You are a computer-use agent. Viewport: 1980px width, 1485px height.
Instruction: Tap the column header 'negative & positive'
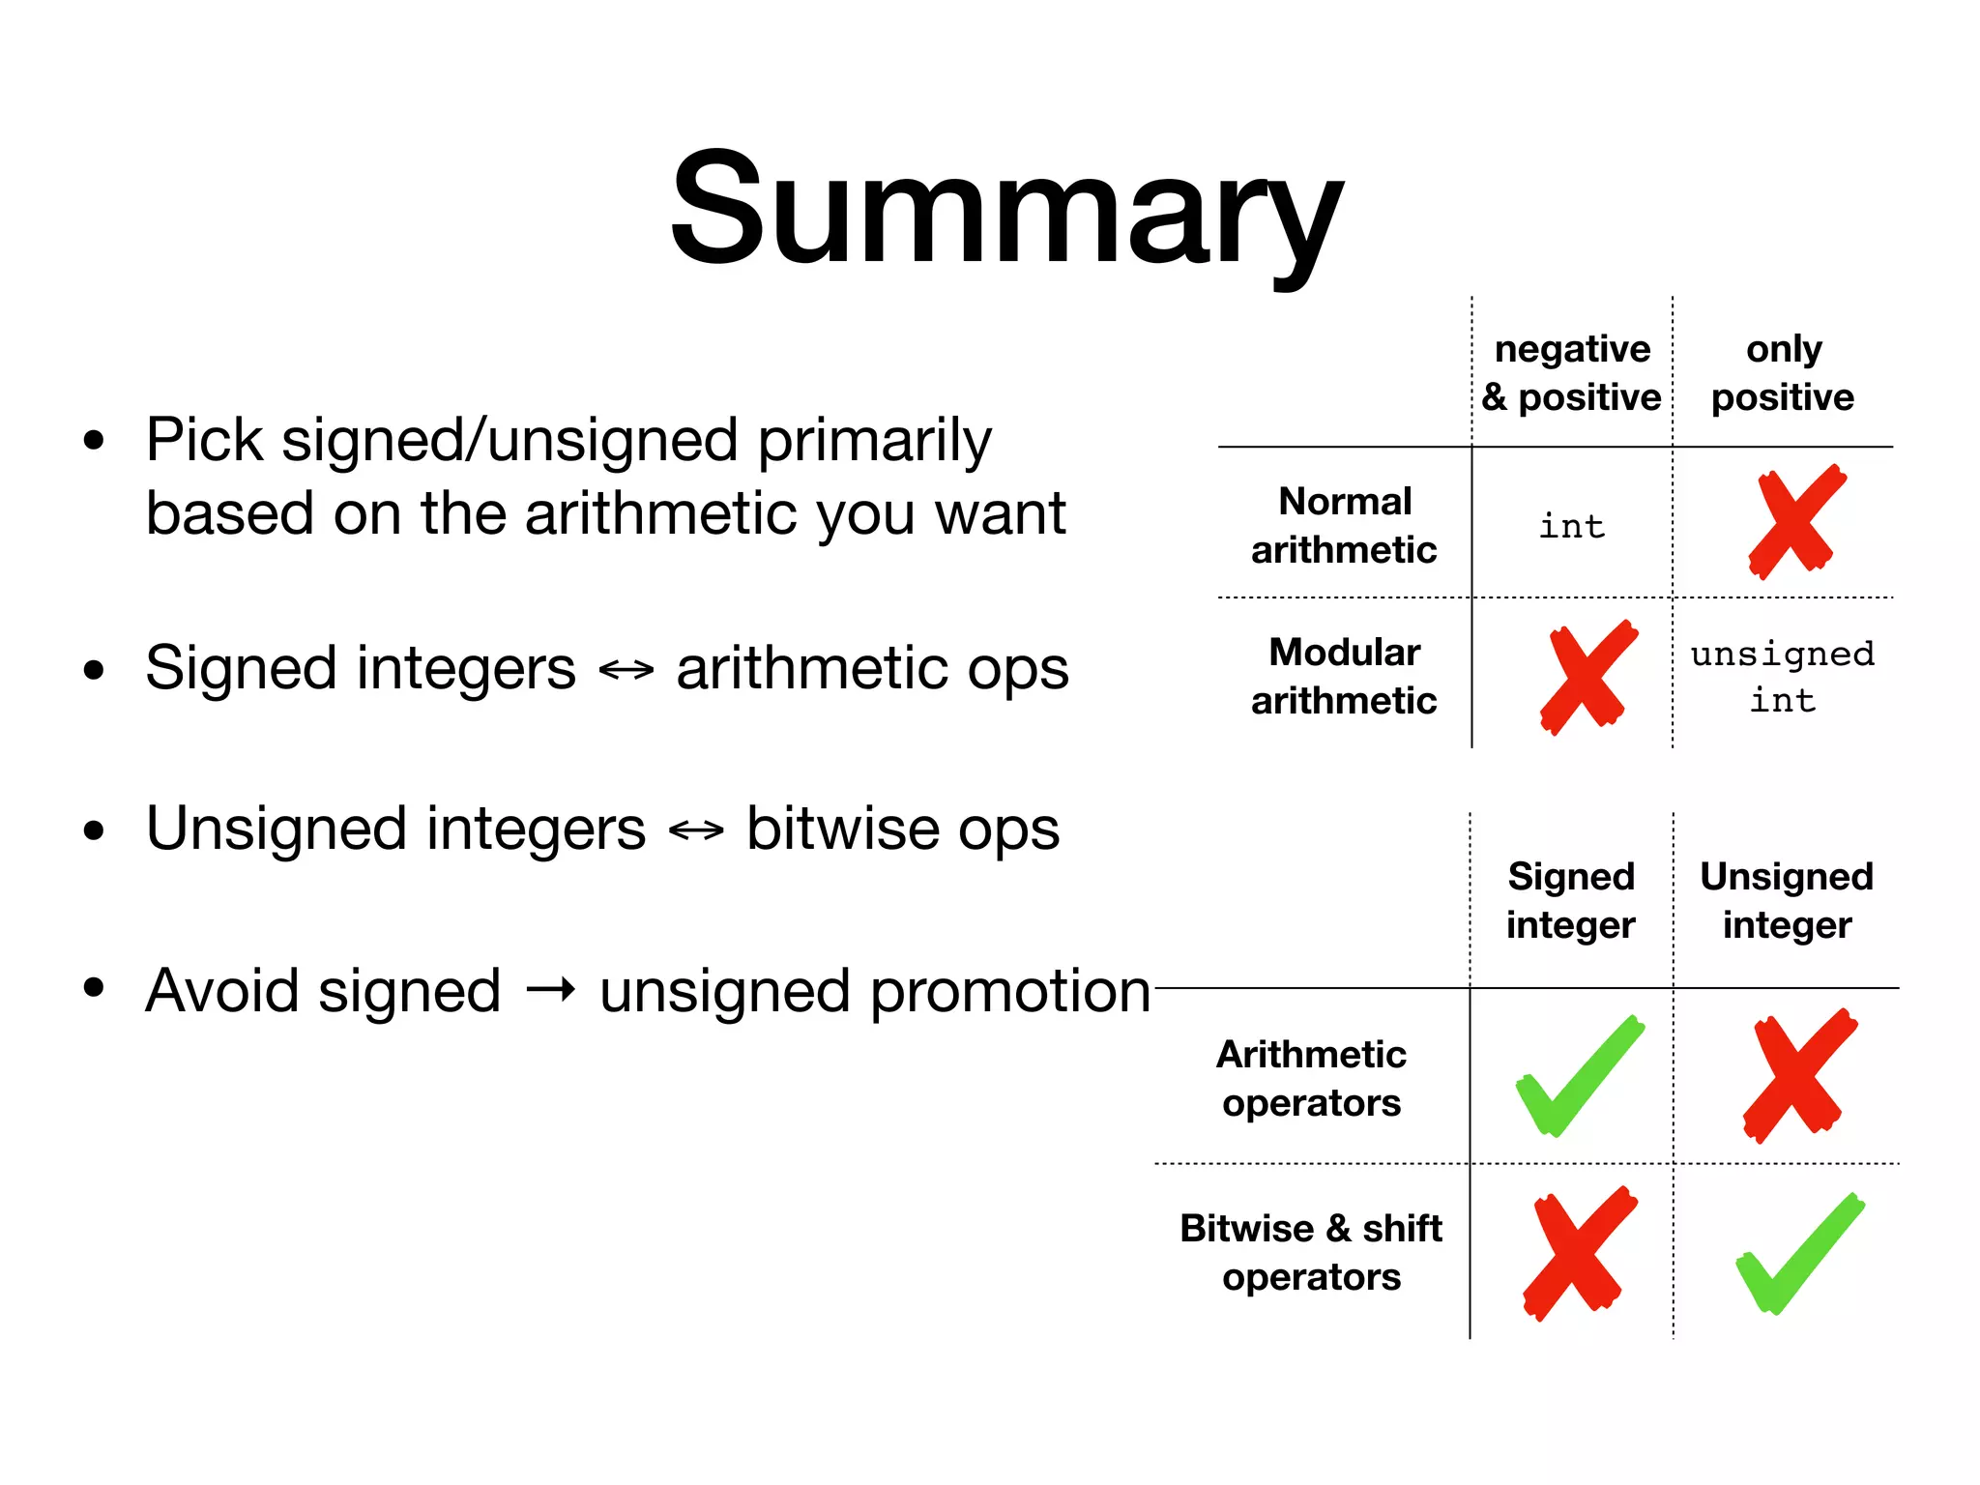[x=1571, y=373]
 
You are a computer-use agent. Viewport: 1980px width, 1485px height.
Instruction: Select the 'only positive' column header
[x=1783, y=373]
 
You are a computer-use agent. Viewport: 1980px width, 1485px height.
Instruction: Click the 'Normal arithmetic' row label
[x=1344, y=525]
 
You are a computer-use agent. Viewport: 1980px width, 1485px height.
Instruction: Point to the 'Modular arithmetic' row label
[x=1344, y=676]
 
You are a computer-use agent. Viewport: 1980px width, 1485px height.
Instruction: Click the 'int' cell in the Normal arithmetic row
[x=1572, y=527]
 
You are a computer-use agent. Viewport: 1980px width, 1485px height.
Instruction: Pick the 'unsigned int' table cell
[x=1782, y=677]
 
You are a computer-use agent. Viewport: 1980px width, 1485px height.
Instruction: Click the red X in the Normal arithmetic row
[x=1795, y=522]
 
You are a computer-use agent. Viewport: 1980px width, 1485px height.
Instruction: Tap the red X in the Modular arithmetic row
[x=1587, y=677]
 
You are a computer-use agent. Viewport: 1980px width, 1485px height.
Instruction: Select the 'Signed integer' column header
[x=1571, y=900]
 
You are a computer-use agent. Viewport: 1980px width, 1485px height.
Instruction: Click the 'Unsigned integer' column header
[x=1787, y=900]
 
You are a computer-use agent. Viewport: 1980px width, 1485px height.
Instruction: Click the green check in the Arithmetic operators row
[x=1579, y=1076]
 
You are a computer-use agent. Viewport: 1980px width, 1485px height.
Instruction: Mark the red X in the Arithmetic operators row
[x=1798, y=1075]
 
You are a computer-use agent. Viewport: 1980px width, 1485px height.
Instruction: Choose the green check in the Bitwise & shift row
[x=1798, y=1254]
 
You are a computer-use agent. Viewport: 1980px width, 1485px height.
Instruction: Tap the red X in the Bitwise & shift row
[x=1579, y=1253]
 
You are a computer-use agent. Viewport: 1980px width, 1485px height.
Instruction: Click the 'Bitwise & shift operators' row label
[x=1311, y=1252]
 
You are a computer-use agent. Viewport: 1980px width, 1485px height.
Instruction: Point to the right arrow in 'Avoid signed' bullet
[x=551, y=990]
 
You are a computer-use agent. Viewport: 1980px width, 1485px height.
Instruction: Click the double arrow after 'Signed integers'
[x=626, y=669]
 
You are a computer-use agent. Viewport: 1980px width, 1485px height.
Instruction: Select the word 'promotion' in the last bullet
[x=1010, y=992]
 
